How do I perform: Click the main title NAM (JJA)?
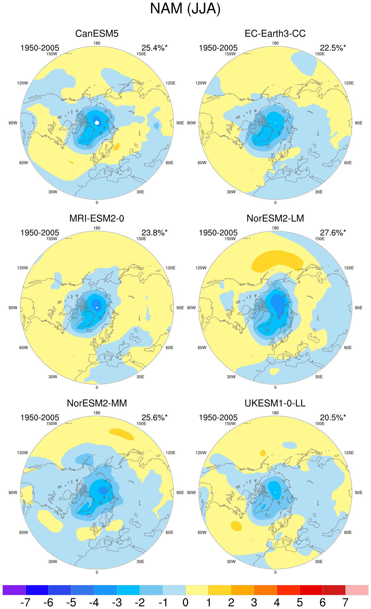point(185,9)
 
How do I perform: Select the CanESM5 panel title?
point(97,33)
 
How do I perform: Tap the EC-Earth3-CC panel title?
point(275,33)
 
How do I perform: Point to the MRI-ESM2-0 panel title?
point(97,218)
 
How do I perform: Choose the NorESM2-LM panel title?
point(275,218)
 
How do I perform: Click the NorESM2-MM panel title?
point(97,403)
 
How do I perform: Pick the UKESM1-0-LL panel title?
point(275,403)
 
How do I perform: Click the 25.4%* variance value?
point(154,48)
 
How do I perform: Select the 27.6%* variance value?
point(333,233)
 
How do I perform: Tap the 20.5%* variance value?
point(333,418)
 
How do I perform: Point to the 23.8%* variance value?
point(154,233)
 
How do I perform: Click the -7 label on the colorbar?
point(25,602)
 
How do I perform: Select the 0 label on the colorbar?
point(185,602)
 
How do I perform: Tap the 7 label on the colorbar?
point(345,602)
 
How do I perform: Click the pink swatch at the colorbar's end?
point(357,590)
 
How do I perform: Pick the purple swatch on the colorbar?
point(14,590)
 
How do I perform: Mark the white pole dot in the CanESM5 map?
point(97,123)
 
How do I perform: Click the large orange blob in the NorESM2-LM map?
point(277,261)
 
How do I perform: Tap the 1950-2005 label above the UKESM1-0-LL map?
point(218,418)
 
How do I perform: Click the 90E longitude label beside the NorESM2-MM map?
point(180,492)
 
